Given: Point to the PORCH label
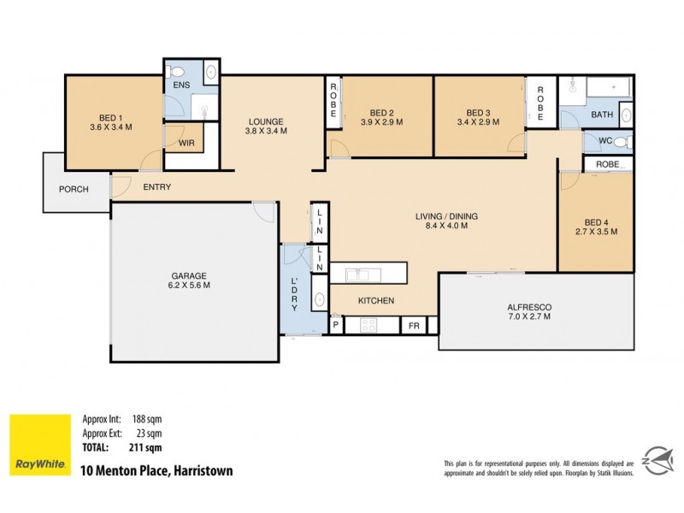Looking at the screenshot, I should point(74,189).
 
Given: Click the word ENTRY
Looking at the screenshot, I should point(156,187).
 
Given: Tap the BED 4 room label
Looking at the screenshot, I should point(595,225).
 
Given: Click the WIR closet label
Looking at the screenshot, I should point(186,143).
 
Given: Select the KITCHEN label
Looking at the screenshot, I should point(375,300).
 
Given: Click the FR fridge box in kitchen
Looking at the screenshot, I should point(414,326).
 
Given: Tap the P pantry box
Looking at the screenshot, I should point(337,326).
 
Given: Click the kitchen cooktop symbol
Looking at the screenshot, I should point(369,326).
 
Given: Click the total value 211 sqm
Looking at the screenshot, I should point(146,446).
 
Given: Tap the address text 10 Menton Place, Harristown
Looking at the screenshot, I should point(156,470).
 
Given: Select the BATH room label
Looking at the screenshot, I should point(602,115).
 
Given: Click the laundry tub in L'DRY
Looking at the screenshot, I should point(317,300).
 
